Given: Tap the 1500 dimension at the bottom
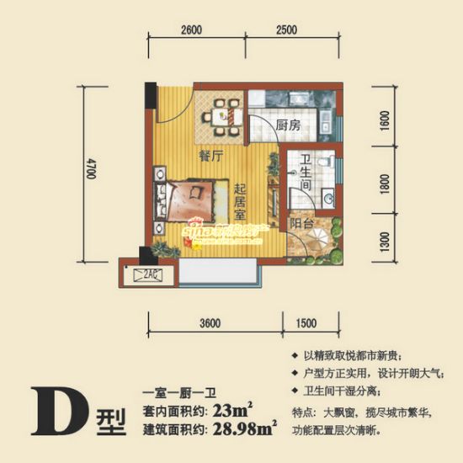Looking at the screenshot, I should (x=306, y=323).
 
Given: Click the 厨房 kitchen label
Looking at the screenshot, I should (x=288, y=125).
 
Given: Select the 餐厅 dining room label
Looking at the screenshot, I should (x=210, y=156).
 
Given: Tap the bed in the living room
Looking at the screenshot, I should (x=192, y=200).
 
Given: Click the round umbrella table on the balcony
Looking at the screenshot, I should (x=304, y=248).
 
